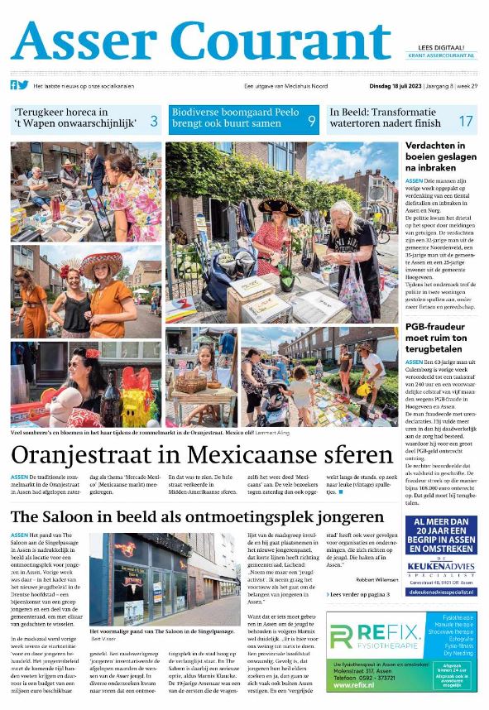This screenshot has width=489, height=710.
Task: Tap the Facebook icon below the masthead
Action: point(14,85)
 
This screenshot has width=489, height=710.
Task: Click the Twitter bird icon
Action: point(24,85)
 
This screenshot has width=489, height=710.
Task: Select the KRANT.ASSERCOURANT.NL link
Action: point(443,55)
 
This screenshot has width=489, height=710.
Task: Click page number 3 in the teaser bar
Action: point(153,121)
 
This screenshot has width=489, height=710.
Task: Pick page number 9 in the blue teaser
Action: point(311,121)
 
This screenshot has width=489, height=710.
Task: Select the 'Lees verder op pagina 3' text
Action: point(359,594)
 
